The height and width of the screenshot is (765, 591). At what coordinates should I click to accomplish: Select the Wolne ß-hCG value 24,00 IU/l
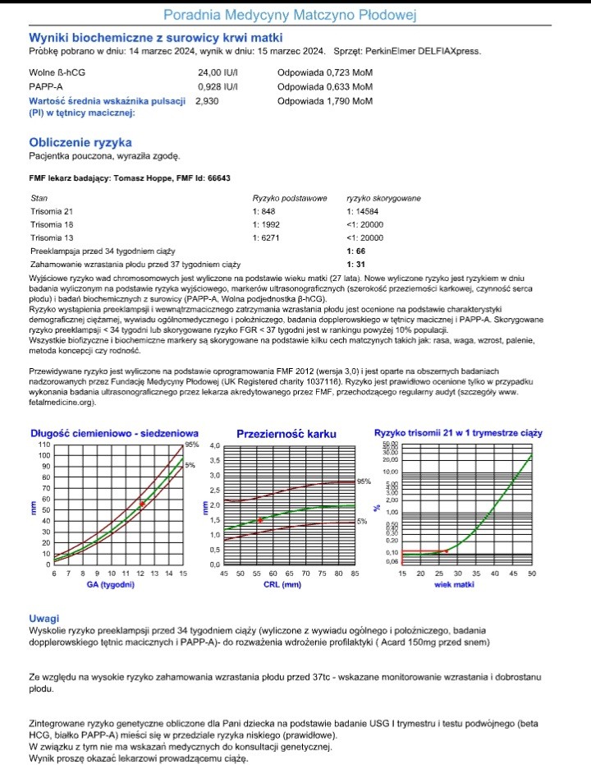(x=218, y=72)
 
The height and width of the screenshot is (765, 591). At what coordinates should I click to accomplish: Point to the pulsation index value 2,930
(x=207, y=100)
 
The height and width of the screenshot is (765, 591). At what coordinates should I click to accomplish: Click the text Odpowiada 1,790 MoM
(x=325, y=100)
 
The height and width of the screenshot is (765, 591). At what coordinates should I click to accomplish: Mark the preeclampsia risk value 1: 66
(x=355, y=251)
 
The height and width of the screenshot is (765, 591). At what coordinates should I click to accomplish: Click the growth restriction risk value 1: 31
(x=355, y=265)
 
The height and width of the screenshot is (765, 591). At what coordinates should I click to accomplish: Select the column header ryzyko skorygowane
(x=384, y=198)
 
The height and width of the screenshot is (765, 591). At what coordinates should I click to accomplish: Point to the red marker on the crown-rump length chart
(x=143, y=504)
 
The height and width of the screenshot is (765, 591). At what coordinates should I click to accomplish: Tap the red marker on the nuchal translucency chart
(x=260, y=520)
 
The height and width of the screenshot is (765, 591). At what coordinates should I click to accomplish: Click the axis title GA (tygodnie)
(x=112, y=585)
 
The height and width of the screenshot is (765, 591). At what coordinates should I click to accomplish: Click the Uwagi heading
(x=44, y=617)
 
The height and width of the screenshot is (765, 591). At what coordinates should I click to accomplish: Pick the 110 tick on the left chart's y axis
(x=44, y=445)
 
